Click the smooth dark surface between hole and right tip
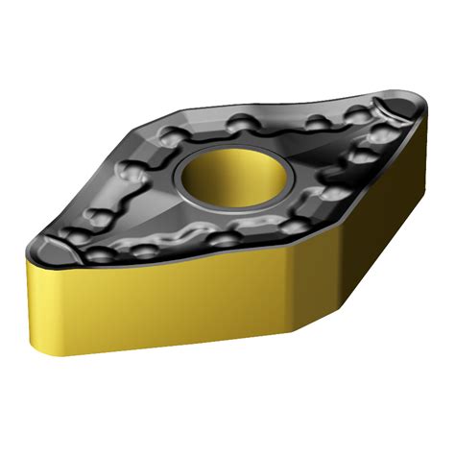point(317,163)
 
